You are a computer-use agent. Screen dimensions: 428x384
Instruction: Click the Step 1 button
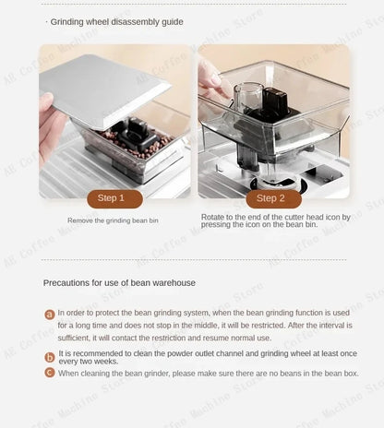click(115, 198)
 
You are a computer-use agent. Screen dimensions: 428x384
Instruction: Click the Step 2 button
click(270, 198)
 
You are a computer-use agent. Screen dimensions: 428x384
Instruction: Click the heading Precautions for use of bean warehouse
click(119, 282)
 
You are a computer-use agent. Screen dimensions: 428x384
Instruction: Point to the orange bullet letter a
click(50, 315)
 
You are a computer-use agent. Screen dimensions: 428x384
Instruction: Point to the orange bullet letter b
click(50, 357)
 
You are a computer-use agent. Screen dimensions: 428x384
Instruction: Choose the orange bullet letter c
click(50, 373)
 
